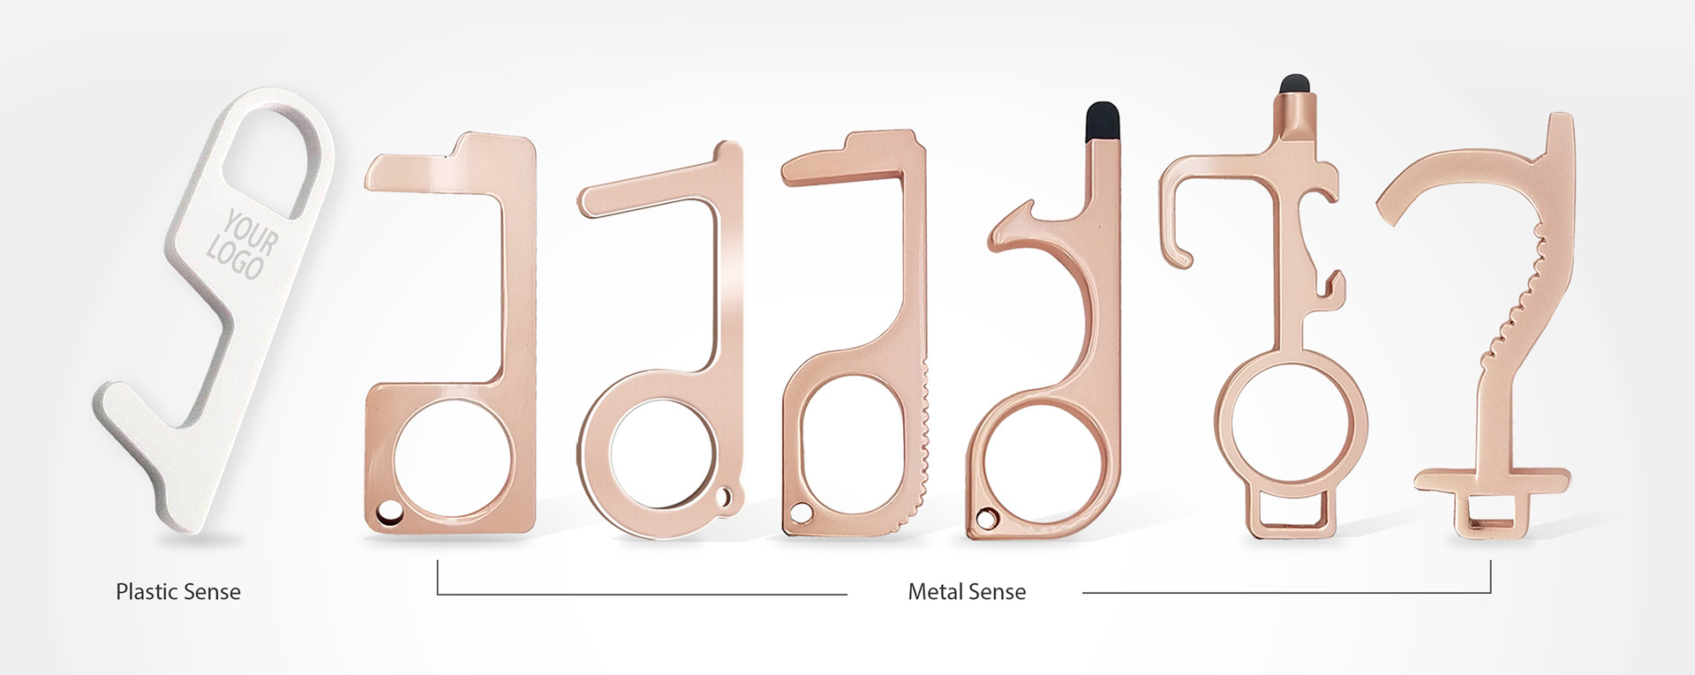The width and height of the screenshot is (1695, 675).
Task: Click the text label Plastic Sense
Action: (178, 591)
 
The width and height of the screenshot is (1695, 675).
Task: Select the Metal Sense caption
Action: (967, 591)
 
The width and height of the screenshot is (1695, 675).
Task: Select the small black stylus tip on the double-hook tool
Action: (1294, 85)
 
